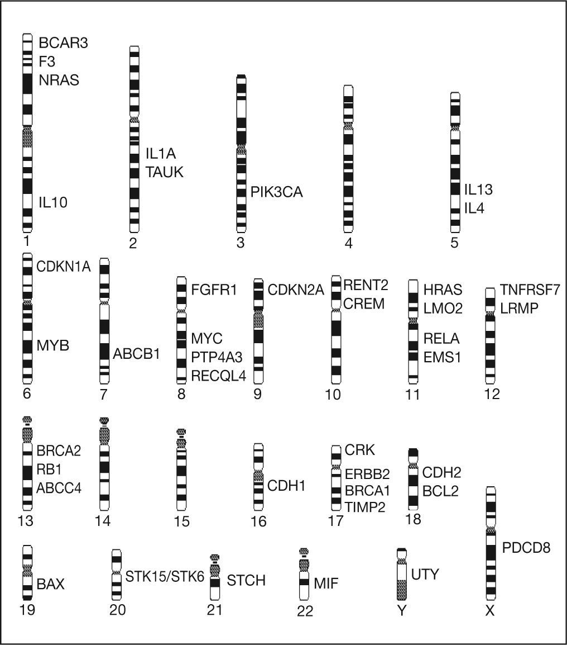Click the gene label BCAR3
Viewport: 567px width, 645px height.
63,43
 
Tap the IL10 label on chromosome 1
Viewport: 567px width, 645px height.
52,202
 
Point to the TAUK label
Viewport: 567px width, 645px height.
165,172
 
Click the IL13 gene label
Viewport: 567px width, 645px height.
479,190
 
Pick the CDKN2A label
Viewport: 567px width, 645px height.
296,290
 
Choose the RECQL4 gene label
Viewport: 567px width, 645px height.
218,375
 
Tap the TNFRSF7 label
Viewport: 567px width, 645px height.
530,289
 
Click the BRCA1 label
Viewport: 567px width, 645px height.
367,491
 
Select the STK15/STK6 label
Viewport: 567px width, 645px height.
165,576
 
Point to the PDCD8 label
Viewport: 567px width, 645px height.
526,547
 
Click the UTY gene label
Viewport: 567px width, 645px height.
425,574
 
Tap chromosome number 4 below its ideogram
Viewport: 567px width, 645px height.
348,243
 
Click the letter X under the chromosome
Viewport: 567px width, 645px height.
490,611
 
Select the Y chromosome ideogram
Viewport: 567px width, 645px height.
401,575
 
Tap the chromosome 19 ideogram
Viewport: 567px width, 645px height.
27,573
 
